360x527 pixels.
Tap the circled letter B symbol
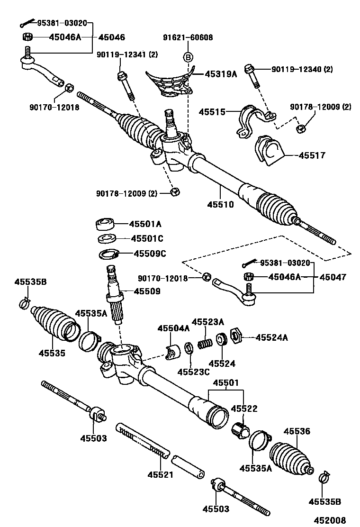click(188, 58)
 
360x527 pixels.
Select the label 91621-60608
click(188, 37)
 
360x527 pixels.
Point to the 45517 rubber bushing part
click(270, 151)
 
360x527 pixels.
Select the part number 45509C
click(150, 254)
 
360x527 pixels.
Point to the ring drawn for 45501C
click(107, 238)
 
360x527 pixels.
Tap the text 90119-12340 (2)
click(302, 69)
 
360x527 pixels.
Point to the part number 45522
click(244, 409)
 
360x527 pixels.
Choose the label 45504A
click(173, 328)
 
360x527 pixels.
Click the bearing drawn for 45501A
click(105, 224)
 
